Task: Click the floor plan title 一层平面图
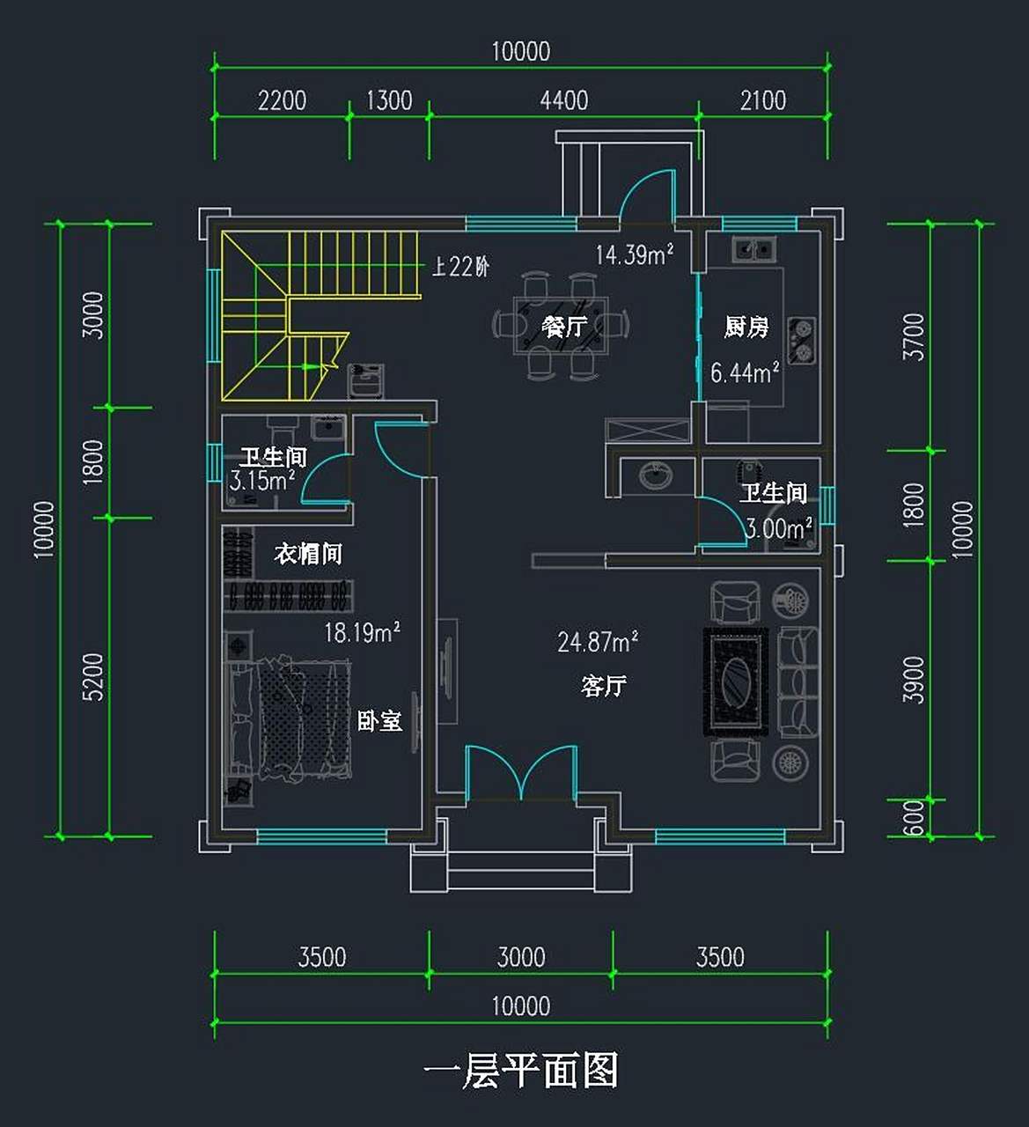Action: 520,1072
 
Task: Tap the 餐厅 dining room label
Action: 564,327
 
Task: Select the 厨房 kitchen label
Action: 746,328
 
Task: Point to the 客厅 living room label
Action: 604,685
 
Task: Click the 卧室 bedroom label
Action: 379,720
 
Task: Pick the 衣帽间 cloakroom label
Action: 307,554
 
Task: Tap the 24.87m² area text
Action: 598,642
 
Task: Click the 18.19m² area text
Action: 362,632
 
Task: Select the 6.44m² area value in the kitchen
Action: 745,372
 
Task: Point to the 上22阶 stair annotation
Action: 460,266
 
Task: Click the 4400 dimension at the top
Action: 563,100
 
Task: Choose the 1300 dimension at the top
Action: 388,100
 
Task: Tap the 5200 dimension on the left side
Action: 92,676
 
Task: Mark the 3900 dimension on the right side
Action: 915,680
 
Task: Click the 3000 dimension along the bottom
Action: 521,957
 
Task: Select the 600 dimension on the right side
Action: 915,818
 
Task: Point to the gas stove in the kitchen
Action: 800,341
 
